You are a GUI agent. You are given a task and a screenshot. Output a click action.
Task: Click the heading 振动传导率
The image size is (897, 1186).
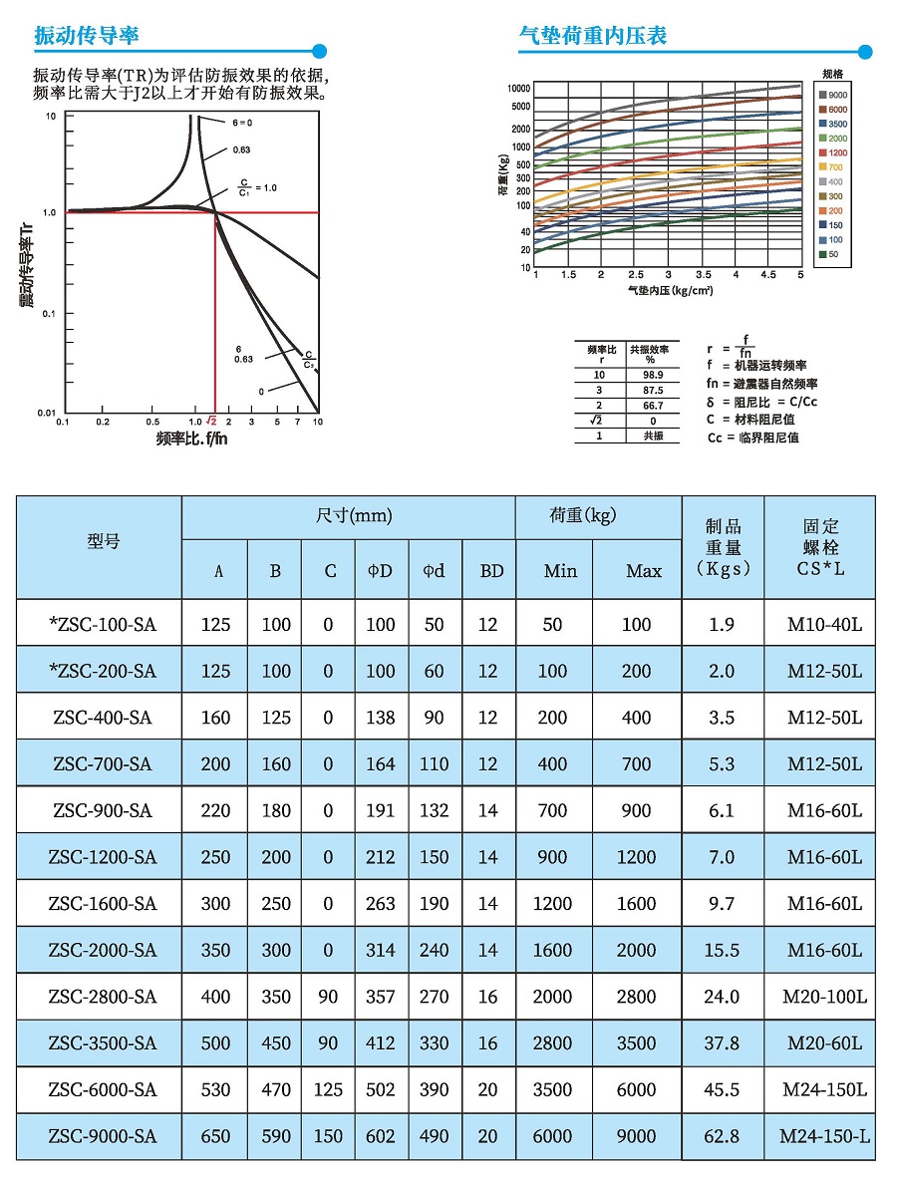coord(87,35)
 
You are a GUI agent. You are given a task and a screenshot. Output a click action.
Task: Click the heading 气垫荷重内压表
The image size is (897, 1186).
coord(592,35)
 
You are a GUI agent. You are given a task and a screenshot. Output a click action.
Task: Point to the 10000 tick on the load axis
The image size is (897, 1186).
coord(519,89)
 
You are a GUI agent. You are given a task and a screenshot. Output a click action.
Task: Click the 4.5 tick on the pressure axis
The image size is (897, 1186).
coord(767,274)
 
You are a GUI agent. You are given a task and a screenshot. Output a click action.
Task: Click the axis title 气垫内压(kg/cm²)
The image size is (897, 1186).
coord(670,290)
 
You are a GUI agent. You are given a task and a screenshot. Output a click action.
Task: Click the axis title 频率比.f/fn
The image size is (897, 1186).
coord(192,439)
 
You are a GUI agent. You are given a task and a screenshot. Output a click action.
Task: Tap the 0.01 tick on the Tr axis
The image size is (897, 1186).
coord(47,413)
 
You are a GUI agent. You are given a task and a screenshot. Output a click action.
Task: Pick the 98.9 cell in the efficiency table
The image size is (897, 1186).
coord(653,375)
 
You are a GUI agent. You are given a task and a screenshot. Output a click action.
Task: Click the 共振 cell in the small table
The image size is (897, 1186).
coord(653,437)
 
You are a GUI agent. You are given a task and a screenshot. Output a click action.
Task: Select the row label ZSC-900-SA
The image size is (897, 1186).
coord(102,811)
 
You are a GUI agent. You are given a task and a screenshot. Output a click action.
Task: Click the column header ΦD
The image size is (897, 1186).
coord(381,570)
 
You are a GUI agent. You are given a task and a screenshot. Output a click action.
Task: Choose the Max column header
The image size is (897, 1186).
coord(644,571)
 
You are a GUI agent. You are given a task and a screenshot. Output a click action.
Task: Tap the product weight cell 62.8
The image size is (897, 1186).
coord(722,1136)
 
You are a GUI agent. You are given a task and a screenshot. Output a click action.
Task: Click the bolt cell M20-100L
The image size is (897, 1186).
coord(824,997)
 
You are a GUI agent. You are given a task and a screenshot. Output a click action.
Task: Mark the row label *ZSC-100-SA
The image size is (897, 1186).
coord(102,625)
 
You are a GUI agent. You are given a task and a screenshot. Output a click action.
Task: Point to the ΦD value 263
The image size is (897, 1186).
coord(381,904)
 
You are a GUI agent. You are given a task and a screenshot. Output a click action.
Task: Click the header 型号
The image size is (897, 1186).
coord(103,541)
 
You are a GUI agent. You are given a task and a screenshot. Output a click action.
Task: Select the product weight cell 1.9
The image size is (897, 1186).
coord(722,625)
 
